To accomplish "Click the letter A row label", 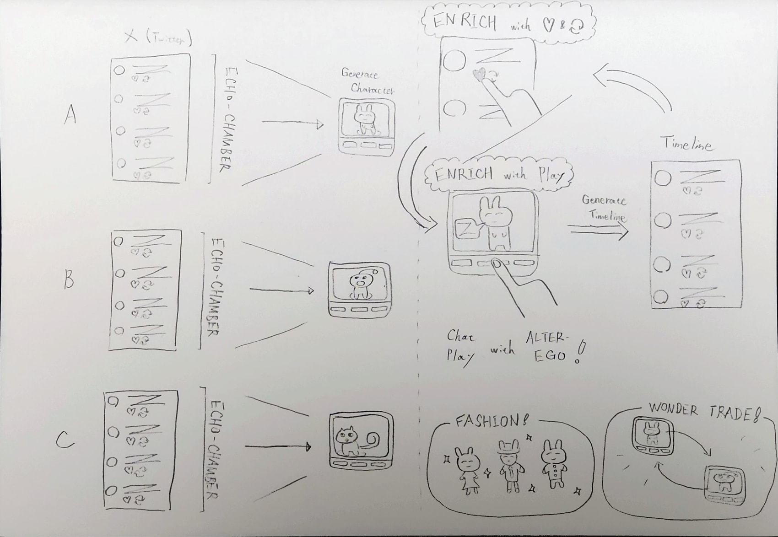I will click(70, 114).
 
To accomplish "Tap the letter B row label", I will click(69, 279).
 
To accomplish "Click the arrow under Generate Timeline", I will click(599, 231).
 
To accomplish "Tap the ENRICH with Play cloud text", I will click(499, 174).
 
